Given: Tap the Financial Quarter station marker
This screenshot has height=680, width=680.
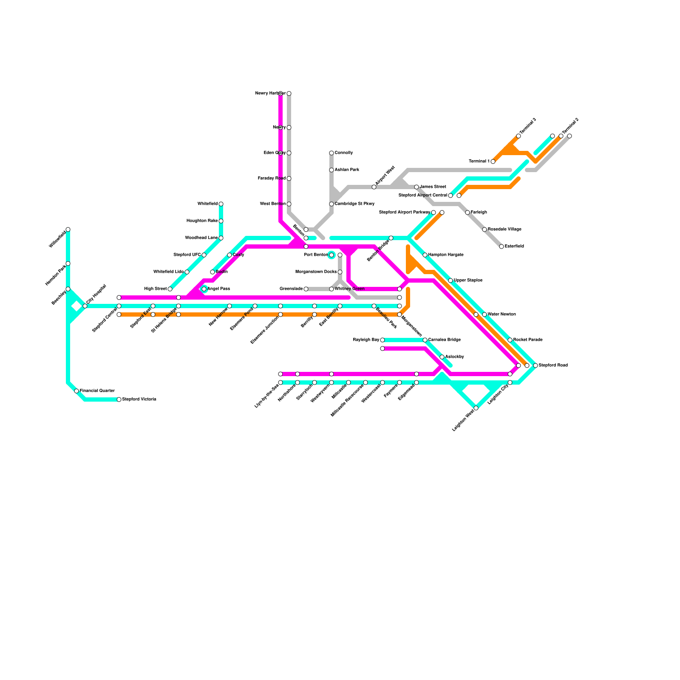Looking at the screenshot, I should tap(76, 391).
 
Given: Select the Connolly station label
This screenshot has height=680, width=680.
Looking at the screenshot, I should tap(343, 153).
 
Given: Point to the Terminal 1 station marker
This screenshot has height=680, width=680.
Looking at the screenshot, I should tap(493, 161).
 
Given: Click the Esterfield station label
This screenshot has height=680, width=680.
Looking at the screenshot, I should tap(514, 246).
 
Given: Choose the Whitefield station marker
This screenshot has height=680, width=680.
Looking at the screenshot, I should tap(221, 204).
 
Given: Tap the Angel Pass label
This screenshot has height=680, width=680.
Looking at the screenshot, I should tap(218, 289).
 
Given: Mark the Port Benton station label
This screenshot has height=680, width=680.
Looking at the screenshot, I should tap(316, 255).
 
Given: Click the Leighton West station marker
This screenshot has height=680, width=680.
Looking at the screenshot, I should tap(476, 408).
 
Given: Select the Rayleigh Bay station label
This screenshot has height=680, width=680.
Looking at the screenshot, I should tap(366, 340).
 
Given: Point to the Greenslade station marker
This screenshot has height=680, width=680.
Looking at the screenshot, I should tap(306, 289).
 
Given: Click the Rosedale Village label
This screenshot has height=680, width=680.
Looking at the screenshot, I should tap(504, 229).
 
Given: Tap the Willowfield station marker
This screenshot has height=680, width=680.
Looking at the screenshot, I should tap(68, 229).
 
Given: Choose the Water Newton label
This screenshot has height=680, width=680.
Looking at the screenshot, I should tap(501, 314).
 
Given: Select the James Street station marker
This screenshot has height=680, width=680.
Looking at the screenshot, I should tap(416, 187).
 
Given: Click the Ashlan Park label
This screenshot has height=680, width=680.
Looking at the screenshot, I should tap(347, 170).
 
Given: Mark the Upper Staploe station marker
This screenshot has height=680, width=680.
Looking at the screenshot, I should tap(450, 280).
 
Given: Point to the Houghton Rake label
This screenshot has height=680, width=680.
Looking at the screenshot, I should tap(202, 221).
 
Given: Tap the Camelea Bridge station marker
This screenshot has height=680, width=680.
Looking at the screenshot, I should tap(425, 340).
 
